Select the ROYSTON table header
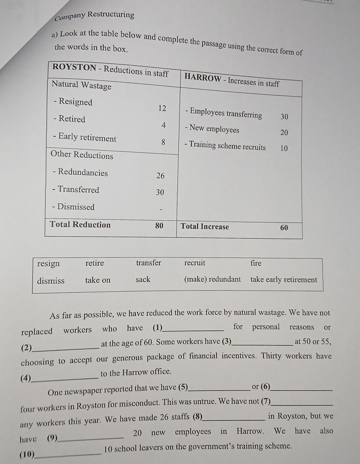[110, 70]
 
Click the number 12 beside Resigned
[162, 108]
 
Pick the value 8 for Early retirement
[163, 142]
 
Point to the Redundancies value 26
[160, 176]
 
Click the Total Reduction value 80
[159, 225]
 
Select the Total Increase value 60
[284, 228]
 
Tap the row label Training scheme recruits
[225, 146]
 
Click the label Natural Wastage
[81, 85]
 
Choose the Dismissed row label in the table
[73, 207]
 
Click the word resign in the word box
[48, 263]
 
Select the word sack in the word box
[143, 280]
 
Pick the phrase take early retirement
[283, 280]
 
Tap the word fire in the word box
[256, 263]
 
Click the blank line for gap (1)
[193, 329]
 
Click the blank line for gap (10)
[68, 454]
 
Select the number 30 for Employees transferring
[284, 117]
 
